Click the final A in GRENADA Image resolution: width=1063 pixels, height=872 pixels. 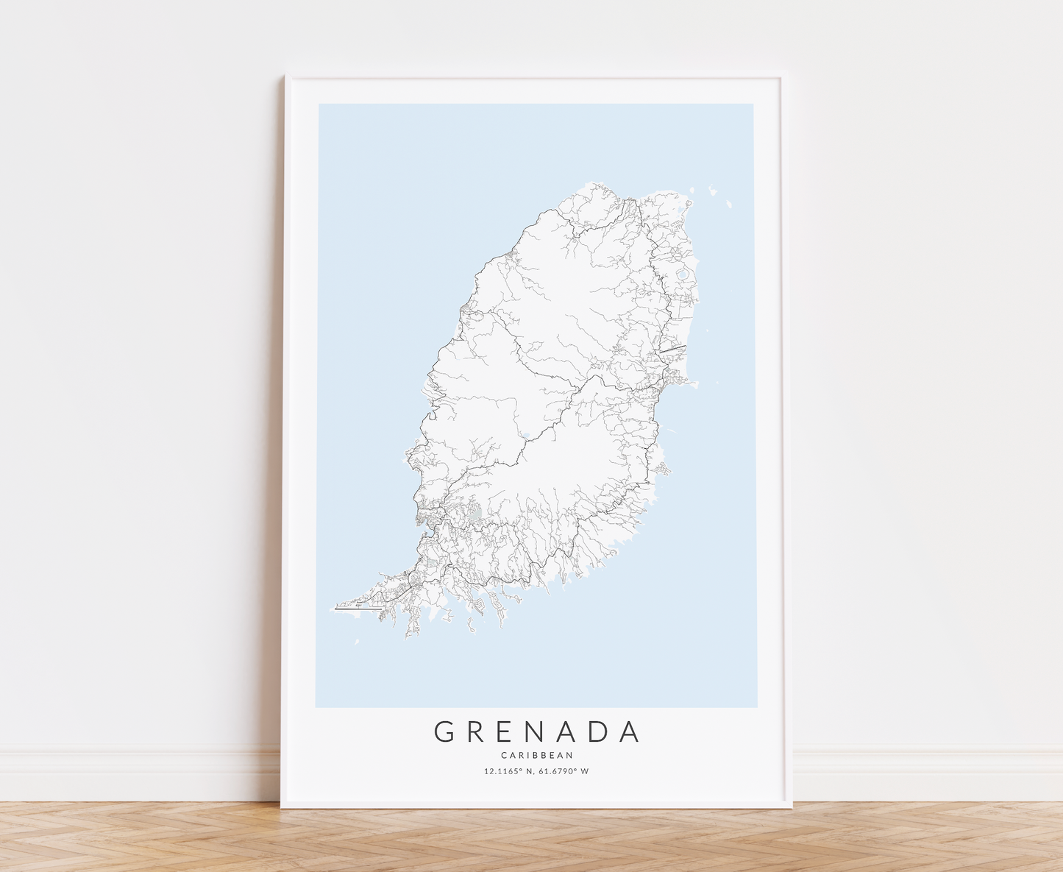point(630,731)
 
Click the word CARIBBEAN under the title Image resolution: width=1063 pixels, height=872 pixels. point(537,755)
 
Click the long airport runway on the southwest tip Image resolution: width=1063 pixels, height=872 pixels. point(358,609)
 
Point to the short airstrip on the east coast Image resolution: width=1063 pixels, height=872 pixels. point(673,348)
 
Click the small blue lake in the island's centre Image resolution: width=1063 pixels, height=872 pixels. point(524,434)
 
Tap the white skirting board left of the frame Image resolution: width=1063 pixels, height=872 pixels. point(140,773)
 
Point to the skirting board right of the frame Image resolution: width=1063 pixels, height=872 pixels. point(927,773)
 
